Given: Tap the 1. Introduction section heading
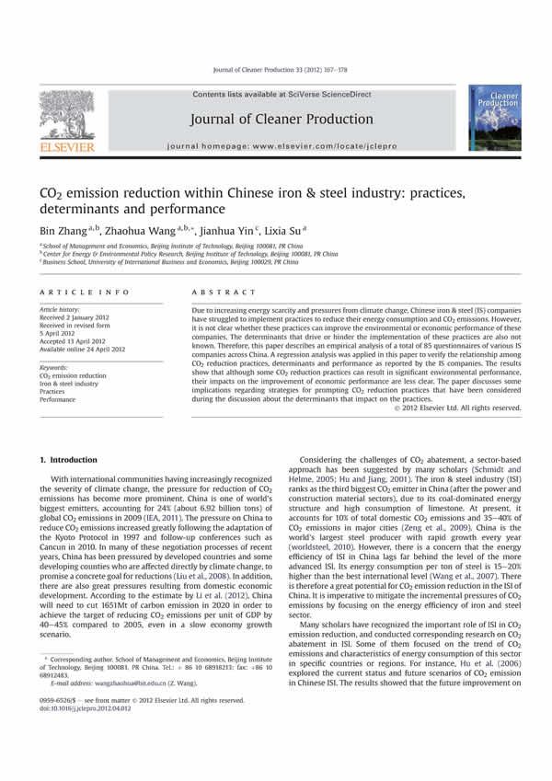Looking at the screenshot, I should (73, 458).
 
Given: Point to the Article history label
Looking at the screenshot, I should (60, 310).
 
